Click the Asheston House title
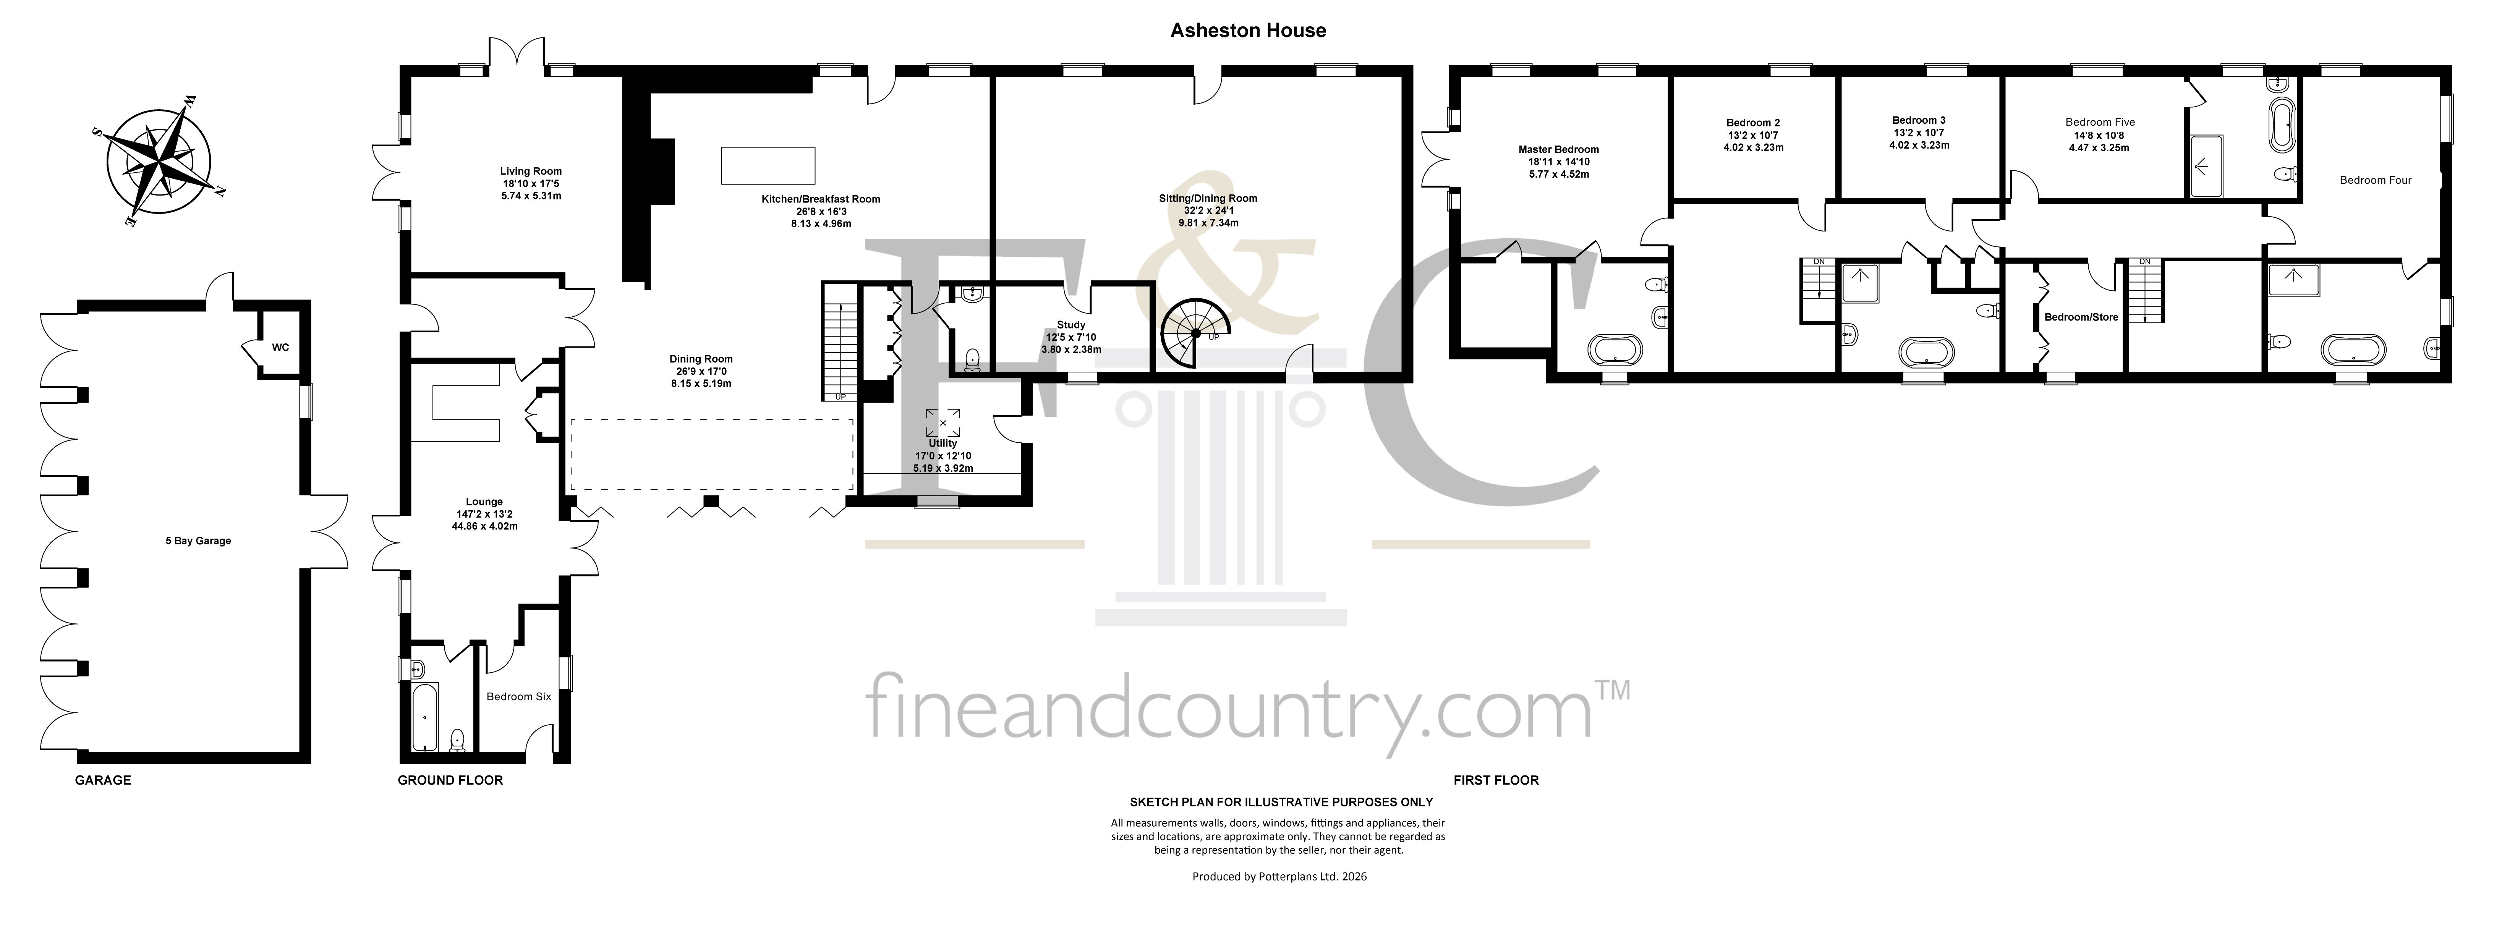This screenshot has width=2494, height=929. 1248,30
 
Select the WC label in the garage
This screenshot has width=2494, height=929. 280,347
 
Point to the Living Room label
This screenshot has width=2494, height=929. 531,171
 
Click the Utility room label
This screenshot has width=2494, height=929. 942,443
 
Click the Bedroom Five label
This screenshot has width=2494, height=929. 2100,122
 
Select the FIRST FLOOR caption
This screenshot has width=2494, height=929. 1496,780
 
